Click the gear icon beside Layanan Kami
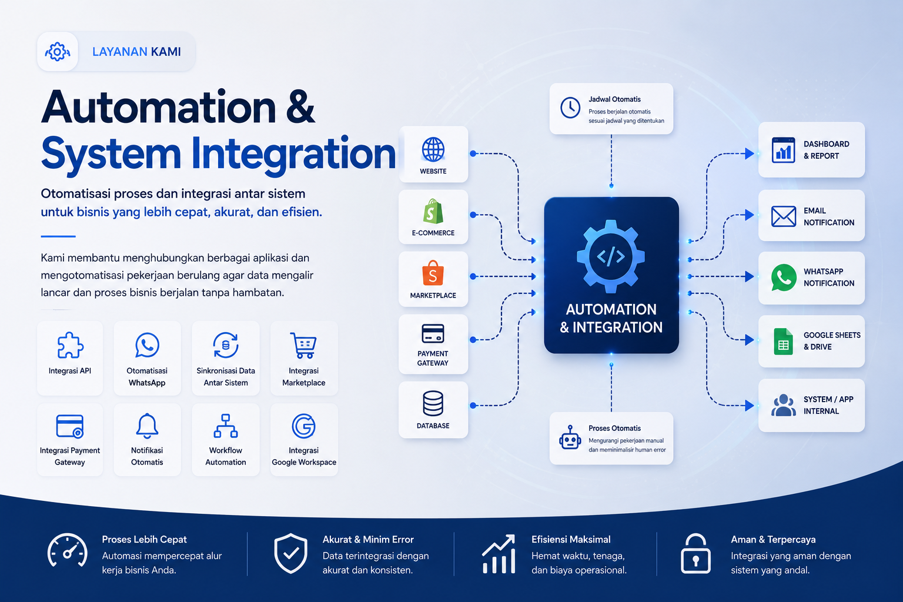(x=57, y=52)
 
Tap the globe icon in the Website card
(x=433, y=149)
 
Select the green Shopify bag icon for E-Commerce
(x=433, y=211)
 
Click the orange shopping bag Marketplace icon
(x=433, y=273)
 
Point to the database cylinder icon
(x=433, y=403)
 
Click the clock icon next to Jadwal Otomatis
(x=570, y=108)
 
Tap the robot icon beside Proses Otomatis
(x=570, y=437)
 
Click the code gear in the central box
(x=611, y=256)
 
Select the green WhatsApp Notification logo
(x=783, y=277)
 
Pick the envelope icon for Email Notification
(x=783, y=216)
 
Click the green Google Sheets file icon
(x=783, y=342)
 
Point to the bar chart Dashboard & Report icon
(x=783, y=149)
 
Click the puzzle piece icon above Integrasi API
(x=70, y=345)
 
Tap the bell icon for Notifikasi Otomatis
(x=147, y=426)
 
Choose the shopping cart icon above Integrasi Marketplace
(x=303, y=345)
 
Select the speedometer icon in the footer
(x=68, y=551)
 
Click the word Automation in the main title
(x=158, y=107)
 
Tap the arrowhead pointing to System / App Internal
(x=750, y=405)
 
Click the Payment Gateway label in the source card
(x=433, y=358)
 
